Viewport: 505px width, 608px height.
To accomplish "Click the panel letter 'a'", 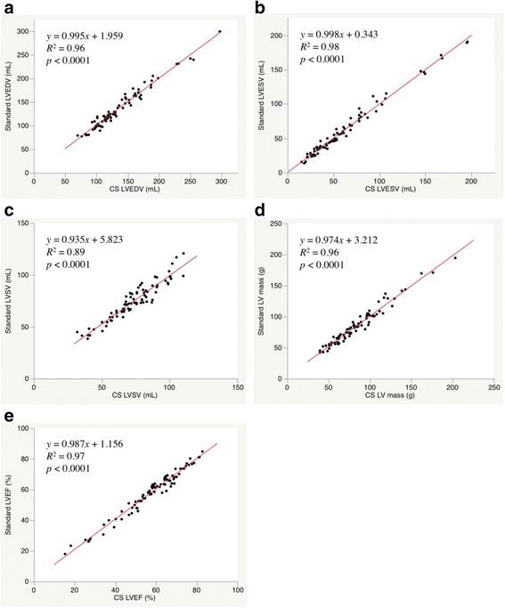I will [x=7, y=7].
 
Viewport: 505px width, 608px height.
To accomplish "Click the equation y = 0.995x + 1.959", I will [x=89, y=36].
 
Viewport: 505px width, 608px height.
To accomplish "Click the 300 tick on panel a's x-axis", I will [x=220, y=183].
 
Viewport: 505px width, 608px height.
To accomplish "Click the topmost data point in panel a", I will [x=220, y=31].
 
